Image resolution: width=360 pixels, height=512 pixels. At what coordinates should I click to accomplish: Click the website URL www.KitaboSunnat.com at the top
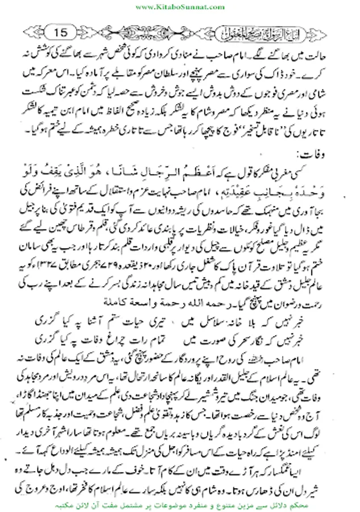[x=180, y=5]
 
